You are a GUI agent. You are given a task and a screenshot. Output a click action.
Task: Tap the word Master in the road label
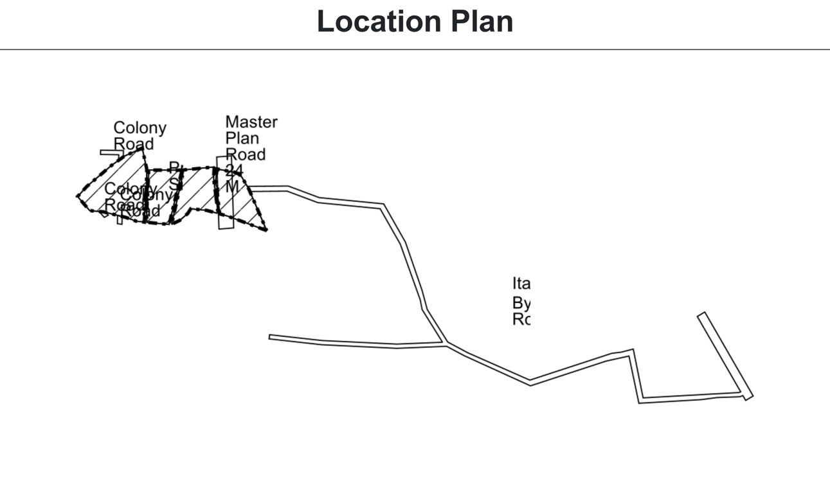[251, 122]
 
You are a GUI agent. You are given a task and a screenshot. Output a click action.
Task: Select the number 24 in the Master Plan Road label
[234, 170]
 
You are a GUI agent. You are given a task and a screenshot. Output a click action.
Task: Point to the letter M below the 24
[232, 187]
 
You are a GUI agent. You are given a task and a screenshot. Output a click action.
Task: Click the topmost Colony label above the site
[140, 127]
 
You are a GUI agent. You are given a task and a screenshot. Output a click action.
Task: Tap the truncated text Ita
[520, 284]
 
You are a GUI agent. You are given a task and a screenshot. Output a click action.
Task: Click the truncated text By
[520, 302]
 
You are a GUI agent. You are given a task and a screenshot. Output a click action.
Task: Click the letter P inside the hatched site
[173, 167]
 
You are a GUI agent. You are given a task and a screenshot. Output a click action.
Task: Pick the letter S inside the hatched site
[174, 182]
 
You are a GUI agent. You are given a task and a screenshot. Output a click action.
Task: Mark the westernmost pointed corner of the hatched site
[77, 196]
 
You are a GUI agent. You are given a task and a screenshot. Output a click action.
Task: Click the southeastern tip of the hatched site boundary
[266, 230]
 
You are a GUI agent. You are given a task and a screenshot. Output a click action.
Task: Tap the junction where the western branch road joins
[445, 345]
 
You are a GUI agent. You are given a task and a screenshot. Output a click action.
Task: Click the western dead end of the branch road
[270, 336]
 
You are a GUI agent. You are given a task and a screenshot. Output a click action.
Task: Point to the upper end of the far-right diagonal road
[701, 315]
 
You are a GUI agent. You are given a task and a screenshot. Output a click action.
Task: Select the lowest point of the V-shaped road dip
[530, 384]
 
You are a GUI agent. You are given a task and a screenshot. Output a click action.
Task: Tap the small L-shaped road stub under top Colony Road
[108, 152]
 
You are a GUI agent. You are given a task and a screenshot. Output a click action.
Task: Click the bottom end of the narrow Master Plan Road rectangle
[224, 228]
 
